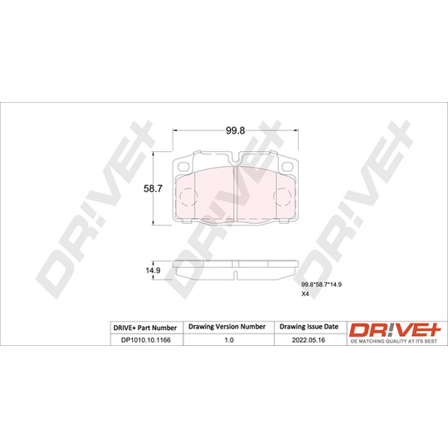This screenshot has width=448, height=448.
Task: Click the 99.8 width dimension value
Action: pos(236,130)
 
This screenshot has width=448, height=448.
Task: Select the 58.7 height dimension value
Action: pos(153,188)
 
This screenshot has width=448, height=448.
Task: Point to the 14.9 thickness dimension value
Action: pos(153,270)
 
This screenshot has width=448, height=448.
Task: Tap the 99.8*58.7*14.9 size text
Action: pos(322,285)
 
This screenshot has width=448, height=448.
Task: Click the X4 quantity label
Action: pos(305,294)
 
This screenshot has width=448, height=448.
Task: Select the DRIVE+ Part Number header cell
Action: pos(145,328)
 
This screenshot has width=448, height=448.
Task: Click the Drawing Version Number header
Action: pos(227,327)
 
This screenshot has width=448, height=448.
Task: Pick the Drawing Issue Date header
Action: pos(309,327)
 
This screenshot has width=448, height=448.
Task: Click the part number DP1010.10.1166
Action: pos(146,340)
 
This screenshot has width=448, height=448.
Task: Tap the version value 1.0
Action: pos(229,340)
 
